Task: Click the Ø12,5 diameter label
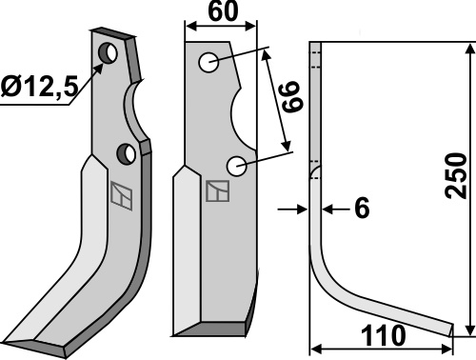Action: (39, 87)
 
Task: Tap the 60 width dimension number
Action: (223, 11)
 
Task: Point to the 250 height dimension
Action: (456, 175)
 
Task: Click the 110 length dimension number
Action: (383, 335)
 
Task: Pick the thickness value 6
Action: (362, 208)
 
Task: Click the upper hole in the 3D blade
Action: (108, 52)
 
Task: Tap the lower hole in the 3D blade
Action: (127, 153)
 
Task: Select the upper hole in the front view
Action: (208, 62)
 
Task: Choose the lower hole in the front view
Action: (237, 166)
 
